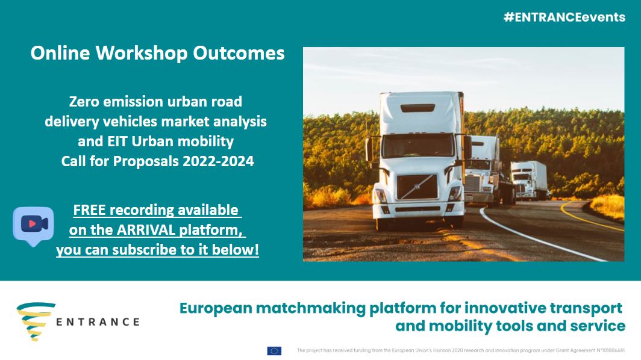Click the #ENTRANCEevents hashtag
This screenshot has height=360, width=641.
click(564, 17)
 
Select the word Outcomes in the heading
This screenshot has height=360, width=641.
click(239, 53)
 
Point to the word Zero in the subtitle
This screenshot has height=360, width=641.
click(84, 101)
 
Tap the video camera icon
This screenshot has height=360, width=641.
click(34, 225)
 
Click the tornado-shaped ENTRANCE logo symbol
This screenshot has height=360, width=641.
click(36, 321)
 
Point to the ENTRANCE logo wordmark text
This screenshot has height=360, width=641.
click(98, 322)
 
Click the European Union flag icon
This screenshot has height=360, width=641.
click(274, 350)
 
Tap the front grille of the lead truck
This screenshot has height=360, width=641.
click(417, 187)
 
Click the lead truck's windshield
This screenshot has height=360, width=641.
click(418, 146)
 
